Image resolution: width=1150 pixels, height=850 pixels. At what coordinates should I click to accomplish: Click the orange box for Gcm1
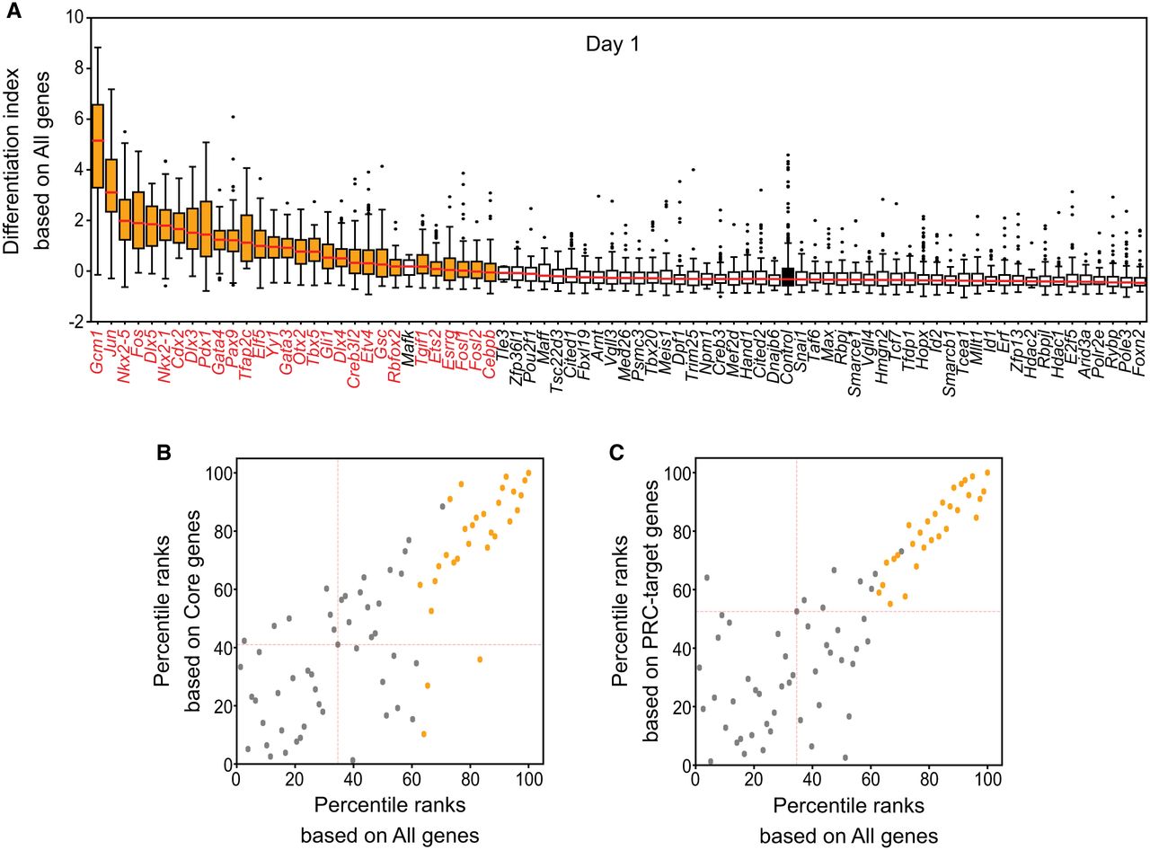pyautogui.click(x=98, y=146)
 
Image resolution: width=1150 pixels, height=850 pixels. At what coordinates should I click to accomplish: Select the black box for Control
pyautogui.click(x=788, y=276)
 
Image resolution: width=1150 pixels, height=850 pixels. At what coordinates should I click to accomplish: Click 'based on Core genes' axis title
pyautogui.click(x=196, y=611)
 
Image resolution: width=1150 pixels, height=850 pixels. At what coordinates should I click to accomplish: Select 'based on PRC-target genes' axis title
pyautogui.click(x=655, y=611)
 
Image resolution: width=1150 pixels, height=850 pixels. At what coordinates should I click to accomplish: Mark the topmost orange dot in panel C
pyautogui.click(x=987, y=472)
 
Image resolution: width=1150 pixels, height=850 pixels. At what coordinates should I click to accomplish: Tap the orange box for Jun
pyautogui.click(x=111, y=186)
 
